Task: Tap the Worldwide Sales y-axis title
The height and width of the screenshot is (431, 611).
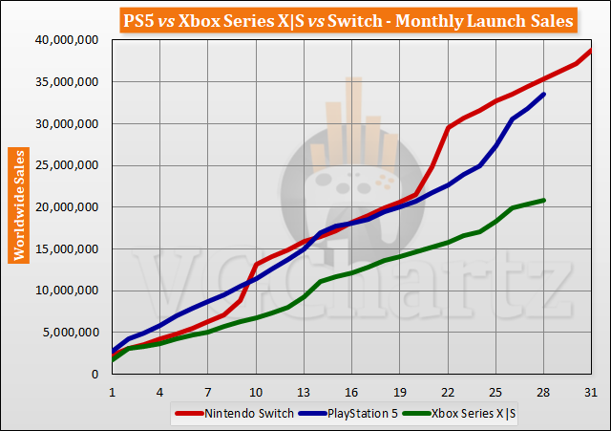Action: tap(17, 205)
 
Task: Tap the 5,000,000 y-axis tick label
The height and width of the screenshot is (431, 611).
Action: tap(73, 333)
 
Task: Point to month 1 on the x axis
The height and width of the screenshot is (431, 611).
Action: tap(113, 393)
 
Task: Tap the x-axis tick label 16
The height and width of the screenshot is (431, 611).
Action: tap(351, 393)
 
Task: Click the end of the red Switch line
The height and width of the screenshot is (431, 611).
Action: tap(591, 50)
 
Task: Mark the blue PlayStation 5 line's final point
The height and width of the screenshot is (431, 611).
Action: tap(543, 94)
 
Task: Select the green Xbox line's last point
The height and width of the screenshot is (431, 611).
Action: tap(543, 200)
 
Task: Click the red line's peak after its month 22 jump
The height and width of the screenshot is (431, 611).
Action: tap(448, 127)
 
